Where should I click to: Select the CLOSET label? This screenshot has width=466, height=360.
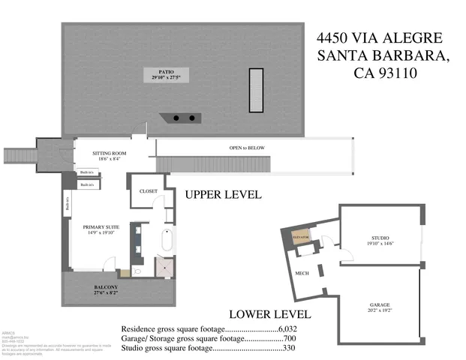[149, 190]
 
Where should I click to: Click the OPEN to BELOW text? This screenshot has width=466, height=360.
[248, 148]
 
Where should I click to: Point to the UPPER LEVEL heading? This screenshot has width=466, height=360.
[223, 195]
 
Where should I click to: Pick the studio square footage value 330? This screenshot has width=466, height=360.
[288, 347]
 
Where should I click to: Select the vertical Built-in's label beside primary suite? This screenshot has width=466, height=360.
[67, 204]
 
